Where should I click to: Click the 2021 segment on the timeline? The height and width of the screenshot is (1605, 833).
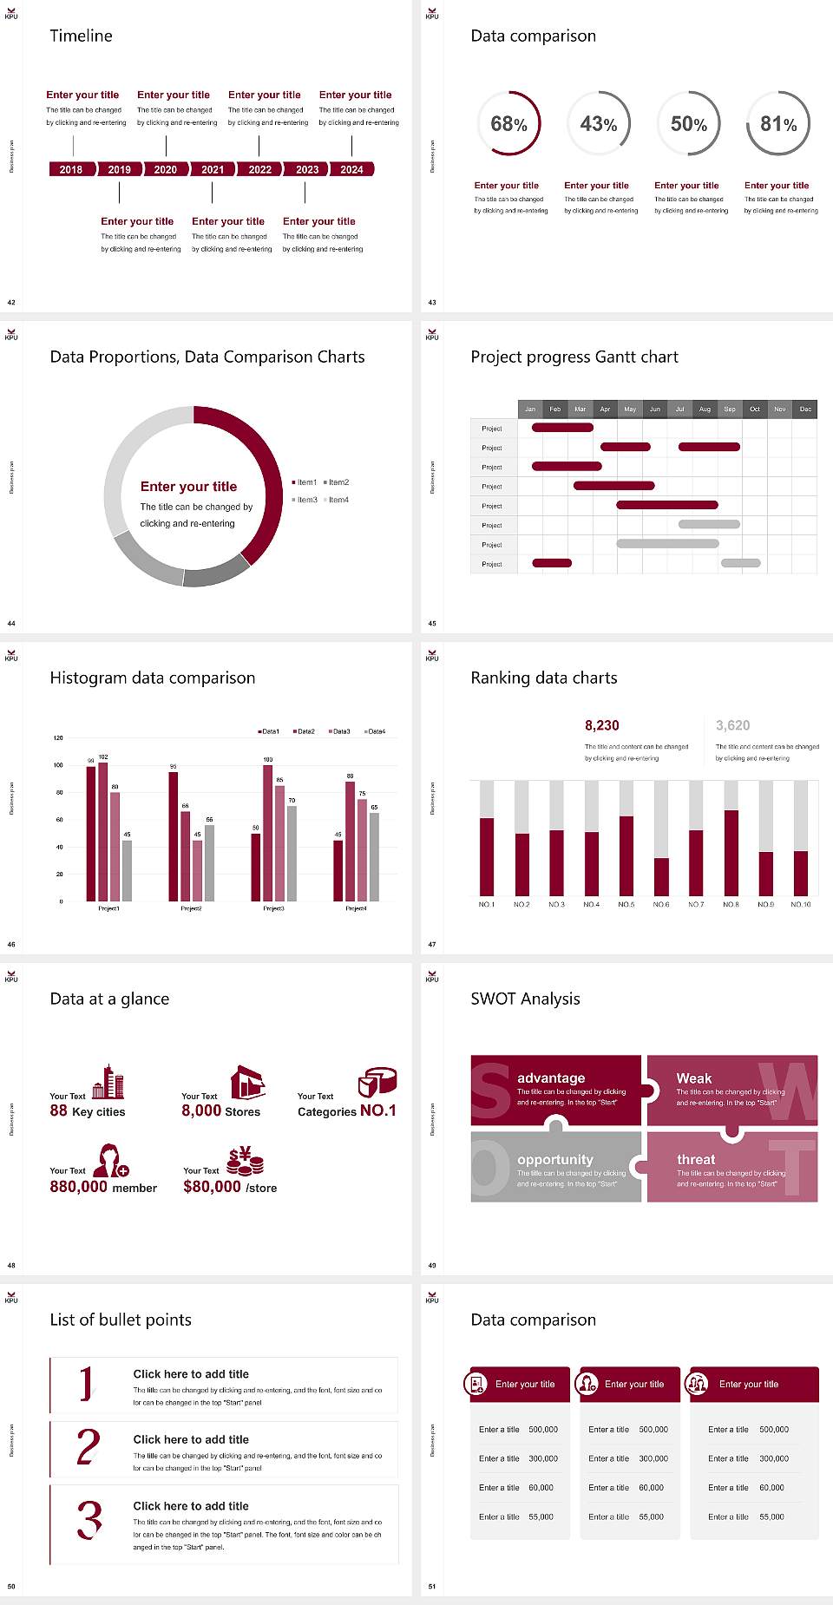click(213, 170)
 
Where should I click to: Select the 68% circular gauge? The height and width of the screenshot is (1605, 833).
click(508, 124)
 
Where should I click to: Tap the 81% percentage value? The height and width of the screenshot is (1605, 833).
click(778, 125)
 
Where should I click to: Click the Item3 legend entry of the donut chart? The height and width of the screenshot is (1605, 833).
click(305, 501)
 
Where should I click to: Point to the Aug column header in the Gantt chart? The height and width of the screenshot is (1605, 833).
click(705, 409)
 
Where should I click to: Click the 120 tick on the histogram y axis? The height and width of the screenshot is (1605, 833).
click(58, 738)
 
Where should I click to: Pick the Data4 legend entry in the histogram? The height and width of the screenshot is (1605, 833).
click(375, 732)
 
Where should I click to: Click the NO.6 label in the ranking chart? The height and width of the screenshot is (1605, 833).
click(661, 905)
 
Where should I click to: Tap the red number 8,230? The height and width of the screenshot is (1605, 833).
click(602, 725)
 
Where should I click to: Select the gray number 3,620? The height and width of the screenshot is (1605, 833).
click(733, 725)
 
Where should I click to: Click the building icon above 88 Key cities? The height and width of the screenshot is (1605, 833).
click(108, 1082)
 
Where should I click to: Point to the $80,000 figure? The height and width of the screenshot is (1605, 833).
click(212, 1187)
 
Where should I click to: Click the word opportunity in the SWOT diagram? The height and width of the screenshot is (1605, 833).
click(555, 1160)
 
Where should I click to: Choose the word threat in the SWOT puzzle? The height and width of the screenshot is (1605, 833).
click(696, 1160)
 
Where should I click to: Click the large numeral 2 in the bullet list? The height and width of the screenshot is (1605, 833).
click(88, 1448)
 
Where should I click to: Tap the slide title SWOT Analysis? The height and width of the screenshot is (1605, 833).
click(525, 999)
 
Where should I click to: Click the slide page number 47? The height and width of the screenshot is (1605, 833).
click(432, 945)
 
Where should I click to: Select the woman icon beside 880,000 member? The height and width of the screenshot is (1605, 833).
click(111, 1160)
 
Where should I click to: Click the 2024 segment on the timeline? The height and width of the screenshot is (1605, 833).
click(351, 170)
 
